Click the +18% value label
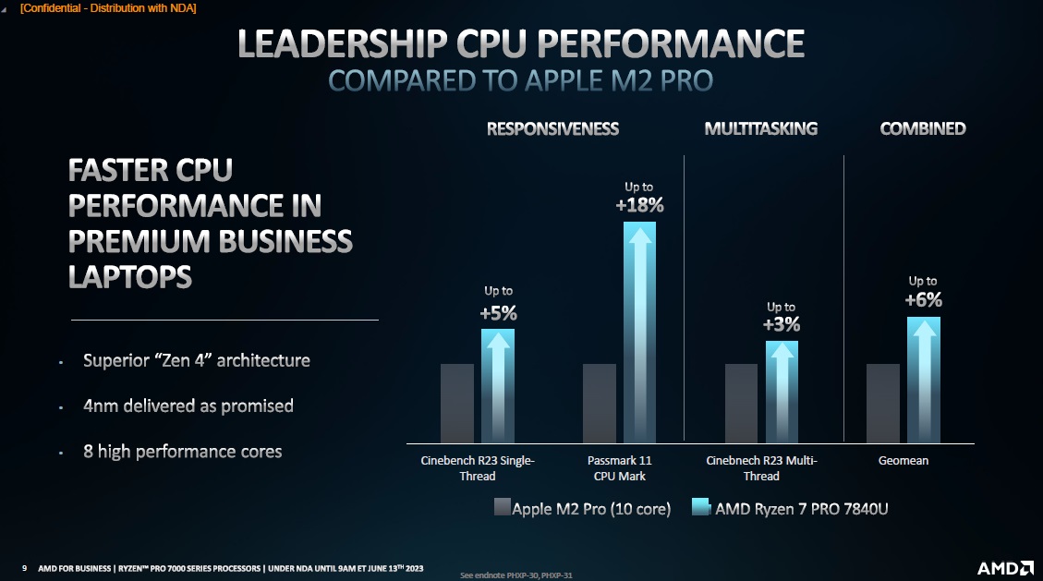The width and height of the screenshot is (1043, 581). point(639,205)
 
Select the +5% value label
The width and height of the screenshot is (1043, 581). point(498,313)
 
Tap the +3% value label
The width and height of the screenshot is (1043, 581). point(781,324)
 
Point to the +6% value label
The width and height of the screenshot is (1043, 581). point(923,299)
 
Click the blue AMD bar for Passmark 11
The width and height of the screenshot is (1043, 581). point(639,333)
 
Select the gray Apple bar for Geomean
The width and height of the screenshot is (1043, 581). point(883,403)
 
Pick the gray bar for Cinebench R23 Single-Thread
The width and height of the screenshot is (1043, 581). point(457,403)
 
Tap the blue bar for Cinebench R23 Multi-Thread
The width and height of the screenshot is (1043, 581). point(782,392)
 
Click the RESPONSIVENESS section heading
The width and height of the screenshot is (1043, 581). point(552,128)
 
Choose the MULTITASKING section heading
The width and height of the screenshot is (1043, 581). point(760,128)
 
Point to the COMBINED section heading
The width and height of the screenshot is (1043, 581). point(922,128)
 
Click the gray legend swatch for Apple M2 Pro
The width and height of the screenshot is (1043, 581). point(503,507)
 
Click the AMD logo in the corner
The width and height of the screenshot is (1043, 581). point(1004,566)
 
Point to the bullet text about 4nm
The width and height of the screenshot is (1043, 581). point(188,405)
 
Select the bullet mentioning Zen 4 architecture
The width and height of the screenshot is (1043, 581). point(196,360)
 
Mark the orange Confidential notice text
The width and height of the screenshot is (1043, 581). point(108,8)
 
